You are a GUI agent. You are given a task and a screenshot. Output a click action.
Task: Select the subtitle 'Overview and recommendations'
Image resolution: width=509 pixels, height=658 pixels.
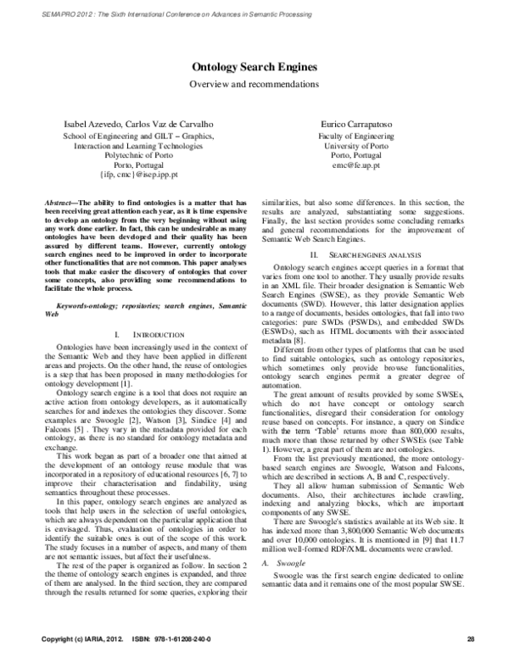[254, 84]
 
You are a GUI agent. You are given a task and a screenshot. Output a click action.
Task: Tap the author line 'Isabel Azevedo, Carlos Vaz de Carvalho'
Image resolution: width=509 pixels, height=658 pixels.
[139, 124]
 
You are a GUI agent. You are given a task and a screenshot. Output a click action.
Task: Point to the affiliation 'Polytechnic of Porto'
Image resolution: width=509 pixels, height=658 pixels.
[139, 156]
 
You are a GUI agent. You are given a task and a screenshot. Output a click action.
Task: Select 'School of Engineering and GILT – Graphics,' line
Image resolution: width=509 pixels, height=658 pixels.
[139, 136]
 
